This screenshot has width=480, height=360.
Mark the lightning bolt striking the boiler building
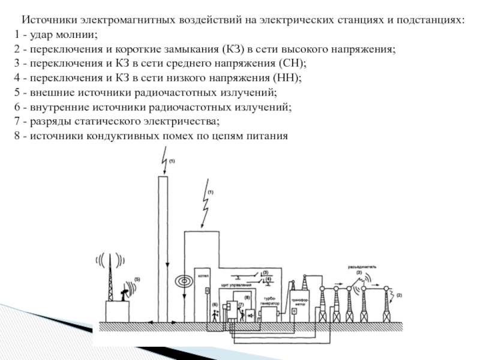(205, 205)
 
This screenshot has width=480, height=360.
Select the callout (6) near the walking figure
(215, 305)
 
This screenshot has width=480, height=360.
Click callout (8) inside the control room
(246, 297)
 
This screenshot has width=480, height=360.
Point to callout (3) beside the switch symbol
(265, 273)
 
